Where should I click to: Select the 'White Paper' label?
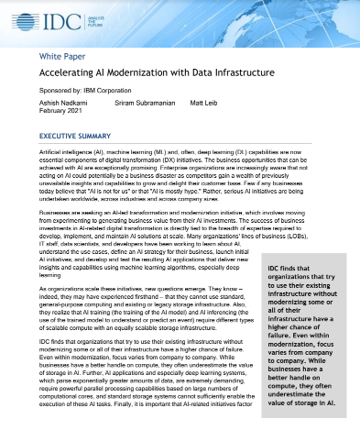[x=60, y=56]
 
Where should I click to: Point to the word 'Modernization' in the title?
[x=170, y=74]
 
